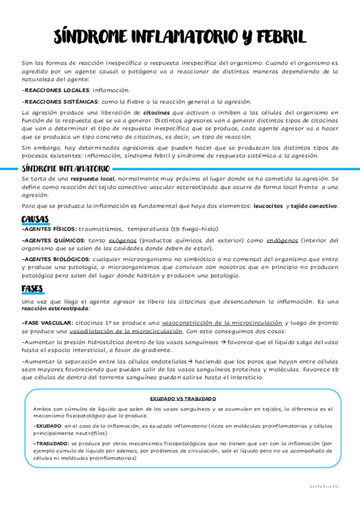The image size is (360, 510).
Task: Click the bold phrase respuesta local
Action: (92, 179)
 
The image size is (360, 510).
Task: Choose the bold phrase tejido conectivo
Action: (314, 206)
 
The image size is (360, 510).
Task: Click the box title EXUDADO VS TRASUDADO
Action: (183, 398)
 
